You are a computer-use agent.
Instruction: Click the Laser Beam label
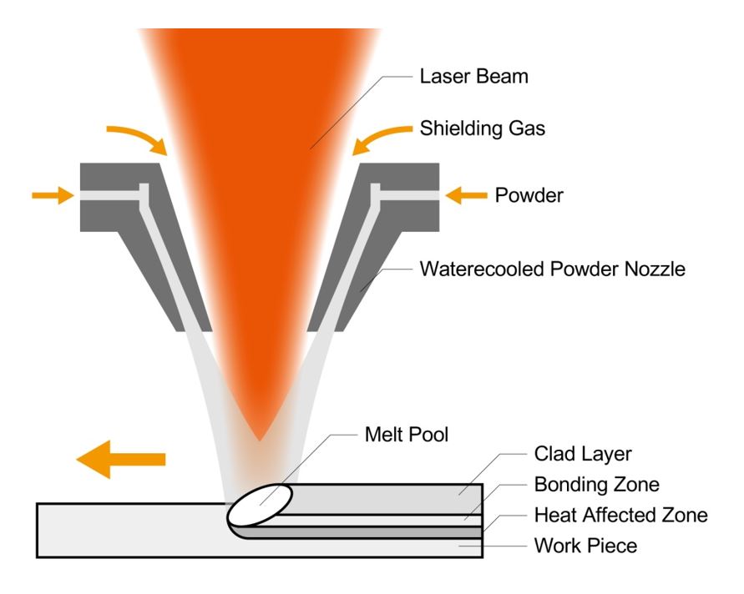click(473, 78)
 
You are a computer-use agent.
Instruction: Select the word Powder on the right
click(529, 196)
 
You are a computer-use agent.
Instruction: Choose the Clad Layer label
click(582, 454)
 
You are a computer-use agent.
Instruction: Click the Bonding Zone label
click(596, 485)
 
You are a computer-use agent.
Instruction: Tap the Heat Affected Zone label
click(620, 516)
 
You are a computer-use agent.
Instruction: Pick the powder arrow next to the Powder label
click(466, 195)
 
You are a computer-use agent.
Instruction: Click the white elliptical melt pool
click(261, 504)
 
